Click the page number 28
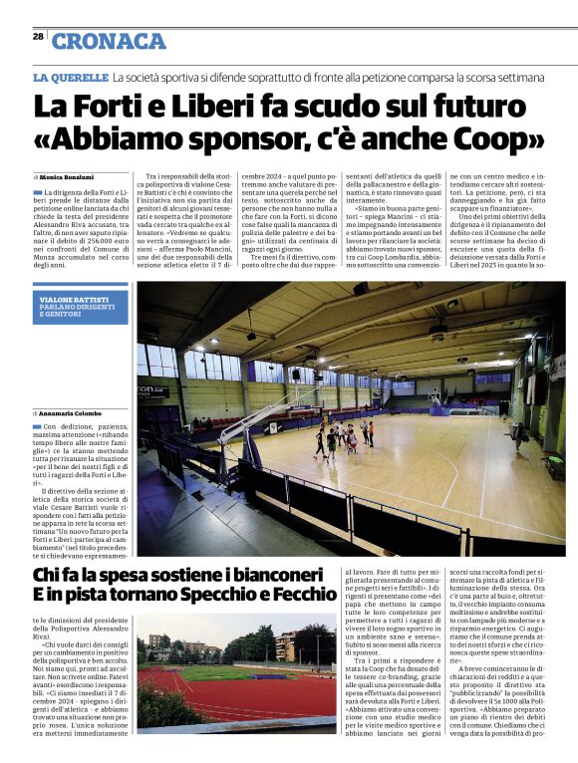point(38,36)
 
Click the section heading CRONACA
point(109,41)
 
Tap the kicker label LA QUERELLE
point(71,77)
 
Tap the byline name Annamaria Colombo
point(72,412)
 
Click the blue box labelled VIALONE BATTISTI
point(80,306)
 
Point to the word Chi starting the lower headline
point(49,576)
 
